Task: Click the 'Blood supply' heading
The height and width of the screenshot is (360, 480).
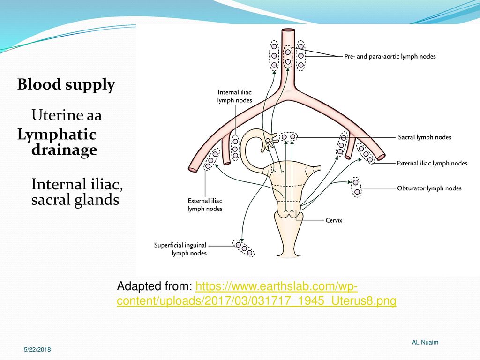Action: [x=66, y=85]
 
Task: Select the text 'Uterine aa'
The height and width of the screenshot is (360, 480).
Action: [x=67, y=115]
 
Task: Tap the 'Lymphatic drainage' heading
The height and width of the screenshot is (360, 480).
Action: [x=57, y=142]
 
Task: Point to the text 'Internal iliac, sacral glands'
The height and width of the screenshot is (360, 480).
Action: [x=77, y=192]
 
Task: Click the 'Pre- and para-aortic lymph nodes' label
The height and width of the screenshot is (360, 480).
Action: [x=390, y=56]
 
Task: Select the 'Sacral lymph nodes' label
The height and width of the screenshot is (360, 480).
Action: [x=425, y=137]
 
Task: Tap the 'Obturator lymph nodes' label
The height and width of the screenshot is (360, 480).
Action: [x=429, y=188]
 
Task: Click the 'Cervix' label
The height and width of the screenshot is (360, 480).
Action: [x=334, y=220]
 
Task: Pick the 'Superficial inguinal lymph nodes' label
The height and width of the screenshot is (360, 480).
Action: [x=180, y=249]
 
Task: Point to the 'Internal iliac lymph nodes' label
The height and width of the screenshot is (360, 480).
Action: [x=235, y=96]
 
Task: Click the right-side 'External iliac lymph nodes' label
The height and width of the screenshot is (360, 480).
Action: [x=432, y=163]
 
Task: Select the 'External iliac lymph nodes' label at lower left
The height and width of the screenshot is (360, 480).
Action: [x=205, y=205]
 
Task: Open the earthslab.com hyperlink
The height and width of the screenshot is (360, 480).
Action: [x=256, y=293]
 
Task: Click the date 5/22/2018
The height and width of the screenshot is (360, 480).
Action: [x=37, y=349]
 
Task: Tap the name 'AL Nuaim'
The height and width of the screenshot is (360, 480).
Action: [x=425, y=342]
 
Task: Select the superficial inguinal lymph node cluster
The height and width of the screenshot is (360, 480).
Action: [x=244, y=248]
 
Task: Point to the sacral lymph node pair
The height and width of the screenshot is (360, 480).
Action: [x=288, y=137]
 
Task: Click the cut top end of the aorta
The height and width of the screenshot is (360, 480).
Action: [x=288, y=30]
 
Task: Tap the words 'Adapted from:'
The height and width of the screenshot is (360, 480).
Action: [x=155, y=286]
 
